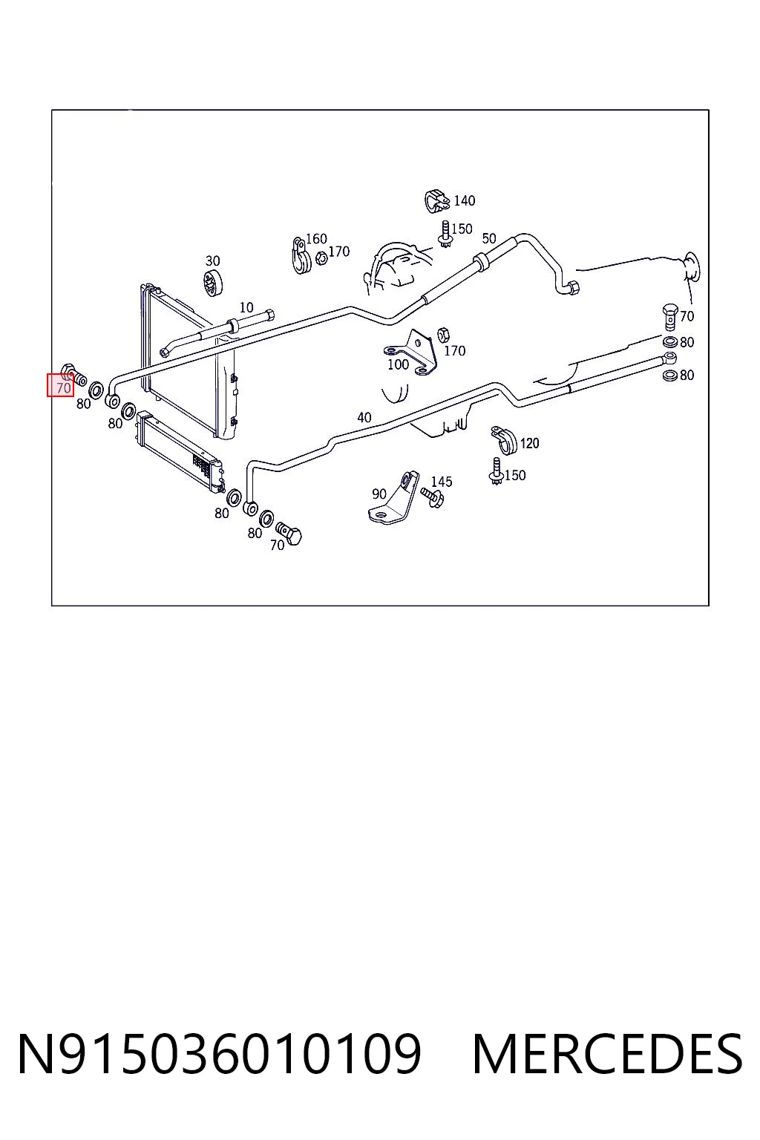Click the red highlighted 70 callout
coord(61,384)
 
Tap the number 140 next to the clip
coord(465,201)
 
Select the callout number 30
coord(212,261)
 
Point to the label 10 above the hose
coord(246,308)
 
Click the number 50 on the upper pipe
coord(488,238)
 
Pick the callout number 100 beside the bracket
coord(398,364)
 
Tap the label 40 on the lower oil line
coord(364,418)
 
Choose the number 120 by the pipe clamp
coord(529,443)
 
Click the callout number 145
coord(442,482)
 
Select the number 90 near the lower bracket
coord(379,494)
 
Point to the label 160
coord(316,239)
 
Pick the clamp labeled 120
coord(504,440)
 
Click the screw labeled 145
coord(432,497)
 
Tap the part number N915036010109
coord(220,1053)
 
